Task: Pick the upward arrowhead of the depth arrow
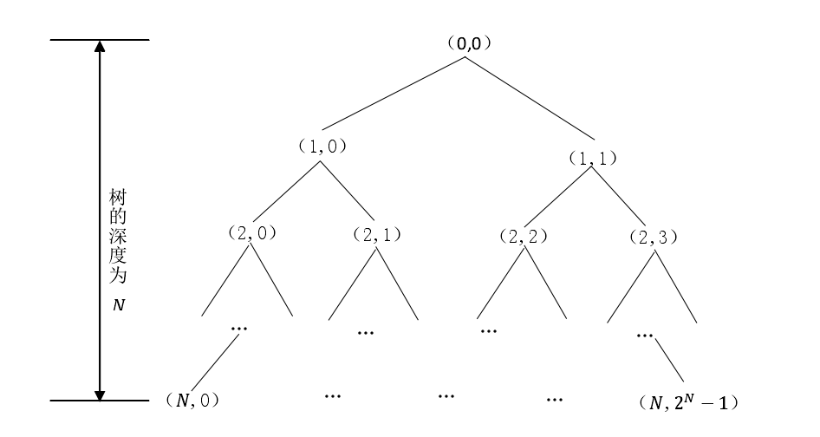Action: tap(100, 48)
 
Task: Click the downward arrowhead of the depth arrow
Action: tap(100, 393)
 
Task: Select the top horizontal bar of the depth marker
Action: tap(100, 40)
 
